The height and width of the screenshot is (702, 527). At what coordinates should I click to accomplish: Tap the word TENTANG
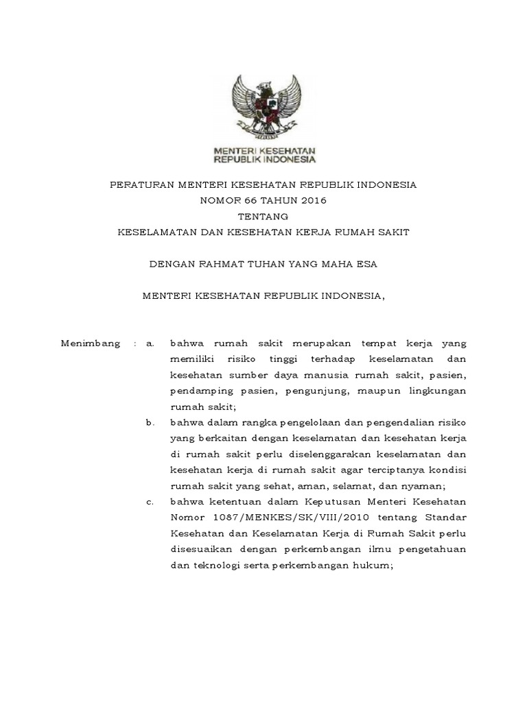coord(263,217)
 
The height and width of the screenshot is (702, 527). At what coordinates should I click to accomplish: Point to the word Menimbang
coord(91,343)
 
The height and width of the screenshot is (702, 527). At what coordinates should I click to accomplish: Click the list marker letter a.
coord(150,343)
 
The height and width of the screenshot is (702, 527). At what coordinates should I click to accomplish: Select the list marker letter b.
coord(150,423)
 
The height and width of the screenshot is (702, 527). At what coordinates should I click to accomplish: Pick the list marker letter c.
coord(150,503)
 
